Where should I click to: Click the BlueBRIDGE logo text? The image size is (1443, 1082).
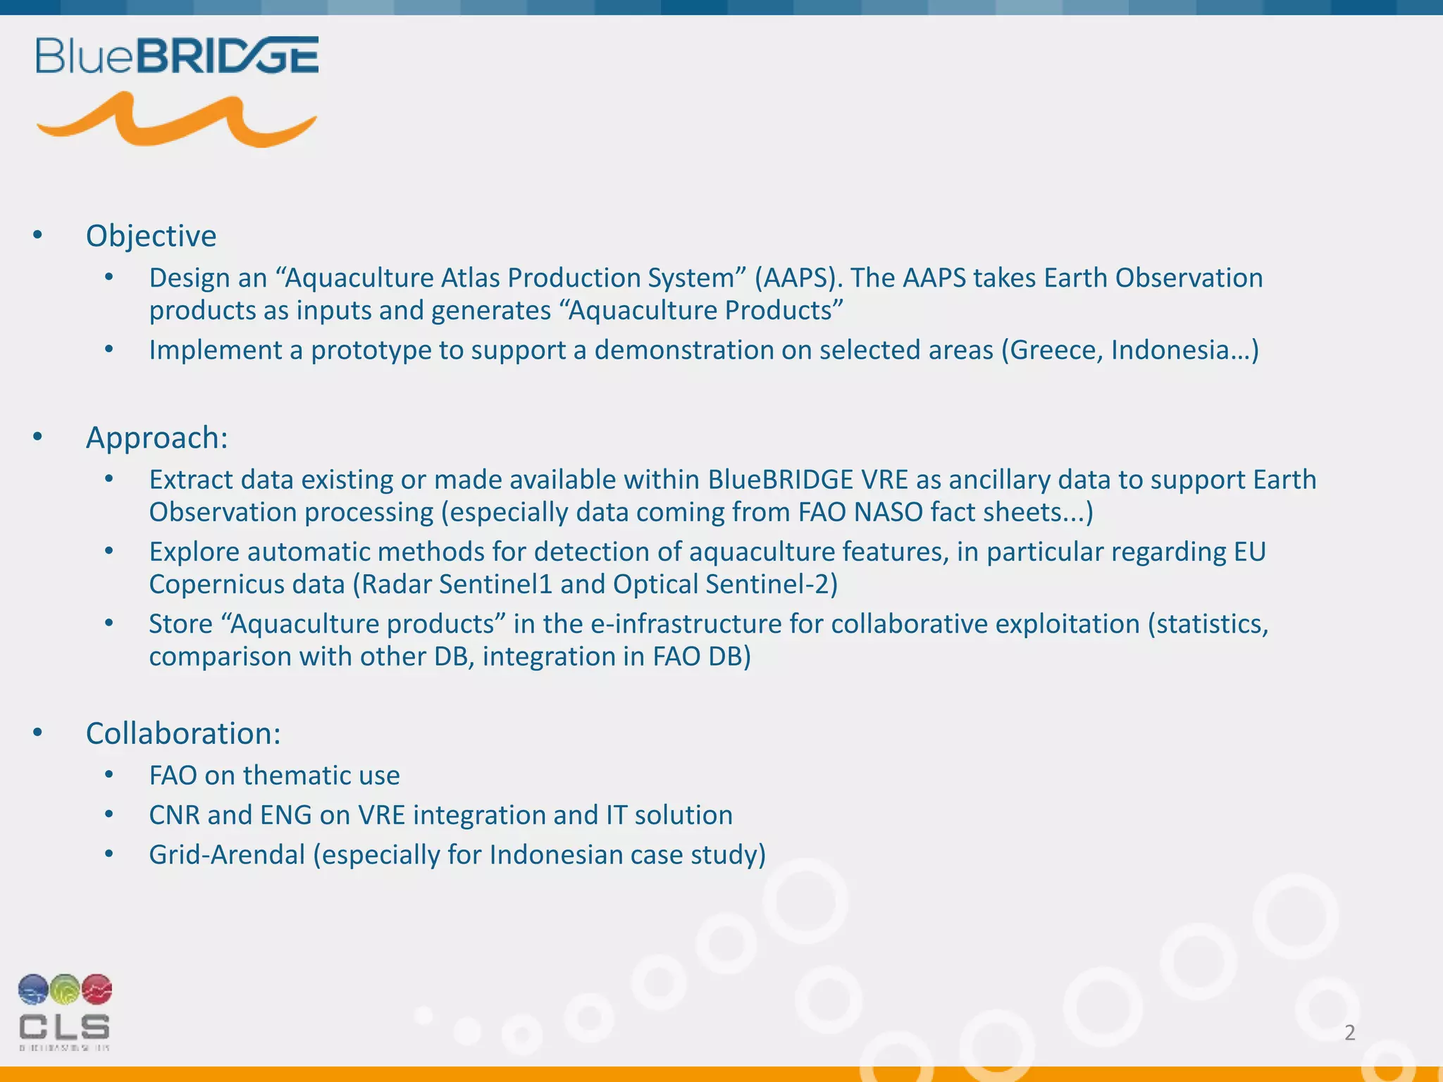click(177, 56)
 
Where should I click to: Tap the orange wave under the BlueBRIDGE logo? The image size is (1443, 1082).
click(176, 121)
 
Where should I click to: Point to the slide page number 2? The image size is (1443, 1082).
click(1349, 1033)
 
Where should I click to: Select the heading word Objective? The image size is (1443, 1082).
click(151, 236)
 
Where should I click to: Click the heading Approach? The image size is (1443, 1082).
click(156, 437)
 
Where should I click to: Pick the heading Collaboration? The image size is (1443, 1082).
click(183, 733)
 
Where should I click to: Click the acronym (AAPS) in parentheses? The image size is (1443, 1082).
click(798, 278)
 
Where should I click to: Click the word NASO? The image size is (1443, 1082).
click(888, 512)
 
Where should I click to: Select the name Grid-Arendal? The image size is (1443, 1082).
click(227, 855)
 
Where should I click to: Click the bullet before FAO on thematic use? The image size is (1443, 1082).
click(109, 776)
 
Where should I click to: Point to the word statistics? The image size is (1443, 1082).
click(1212, 624)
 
